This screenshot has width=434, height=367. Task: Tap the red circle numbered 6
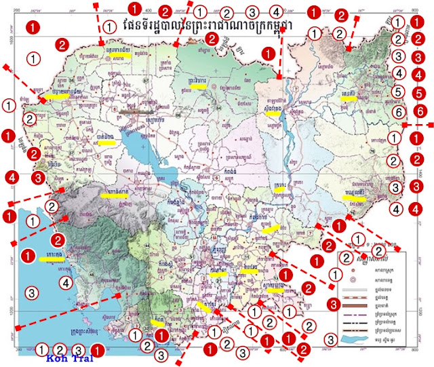coord(420,110)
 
